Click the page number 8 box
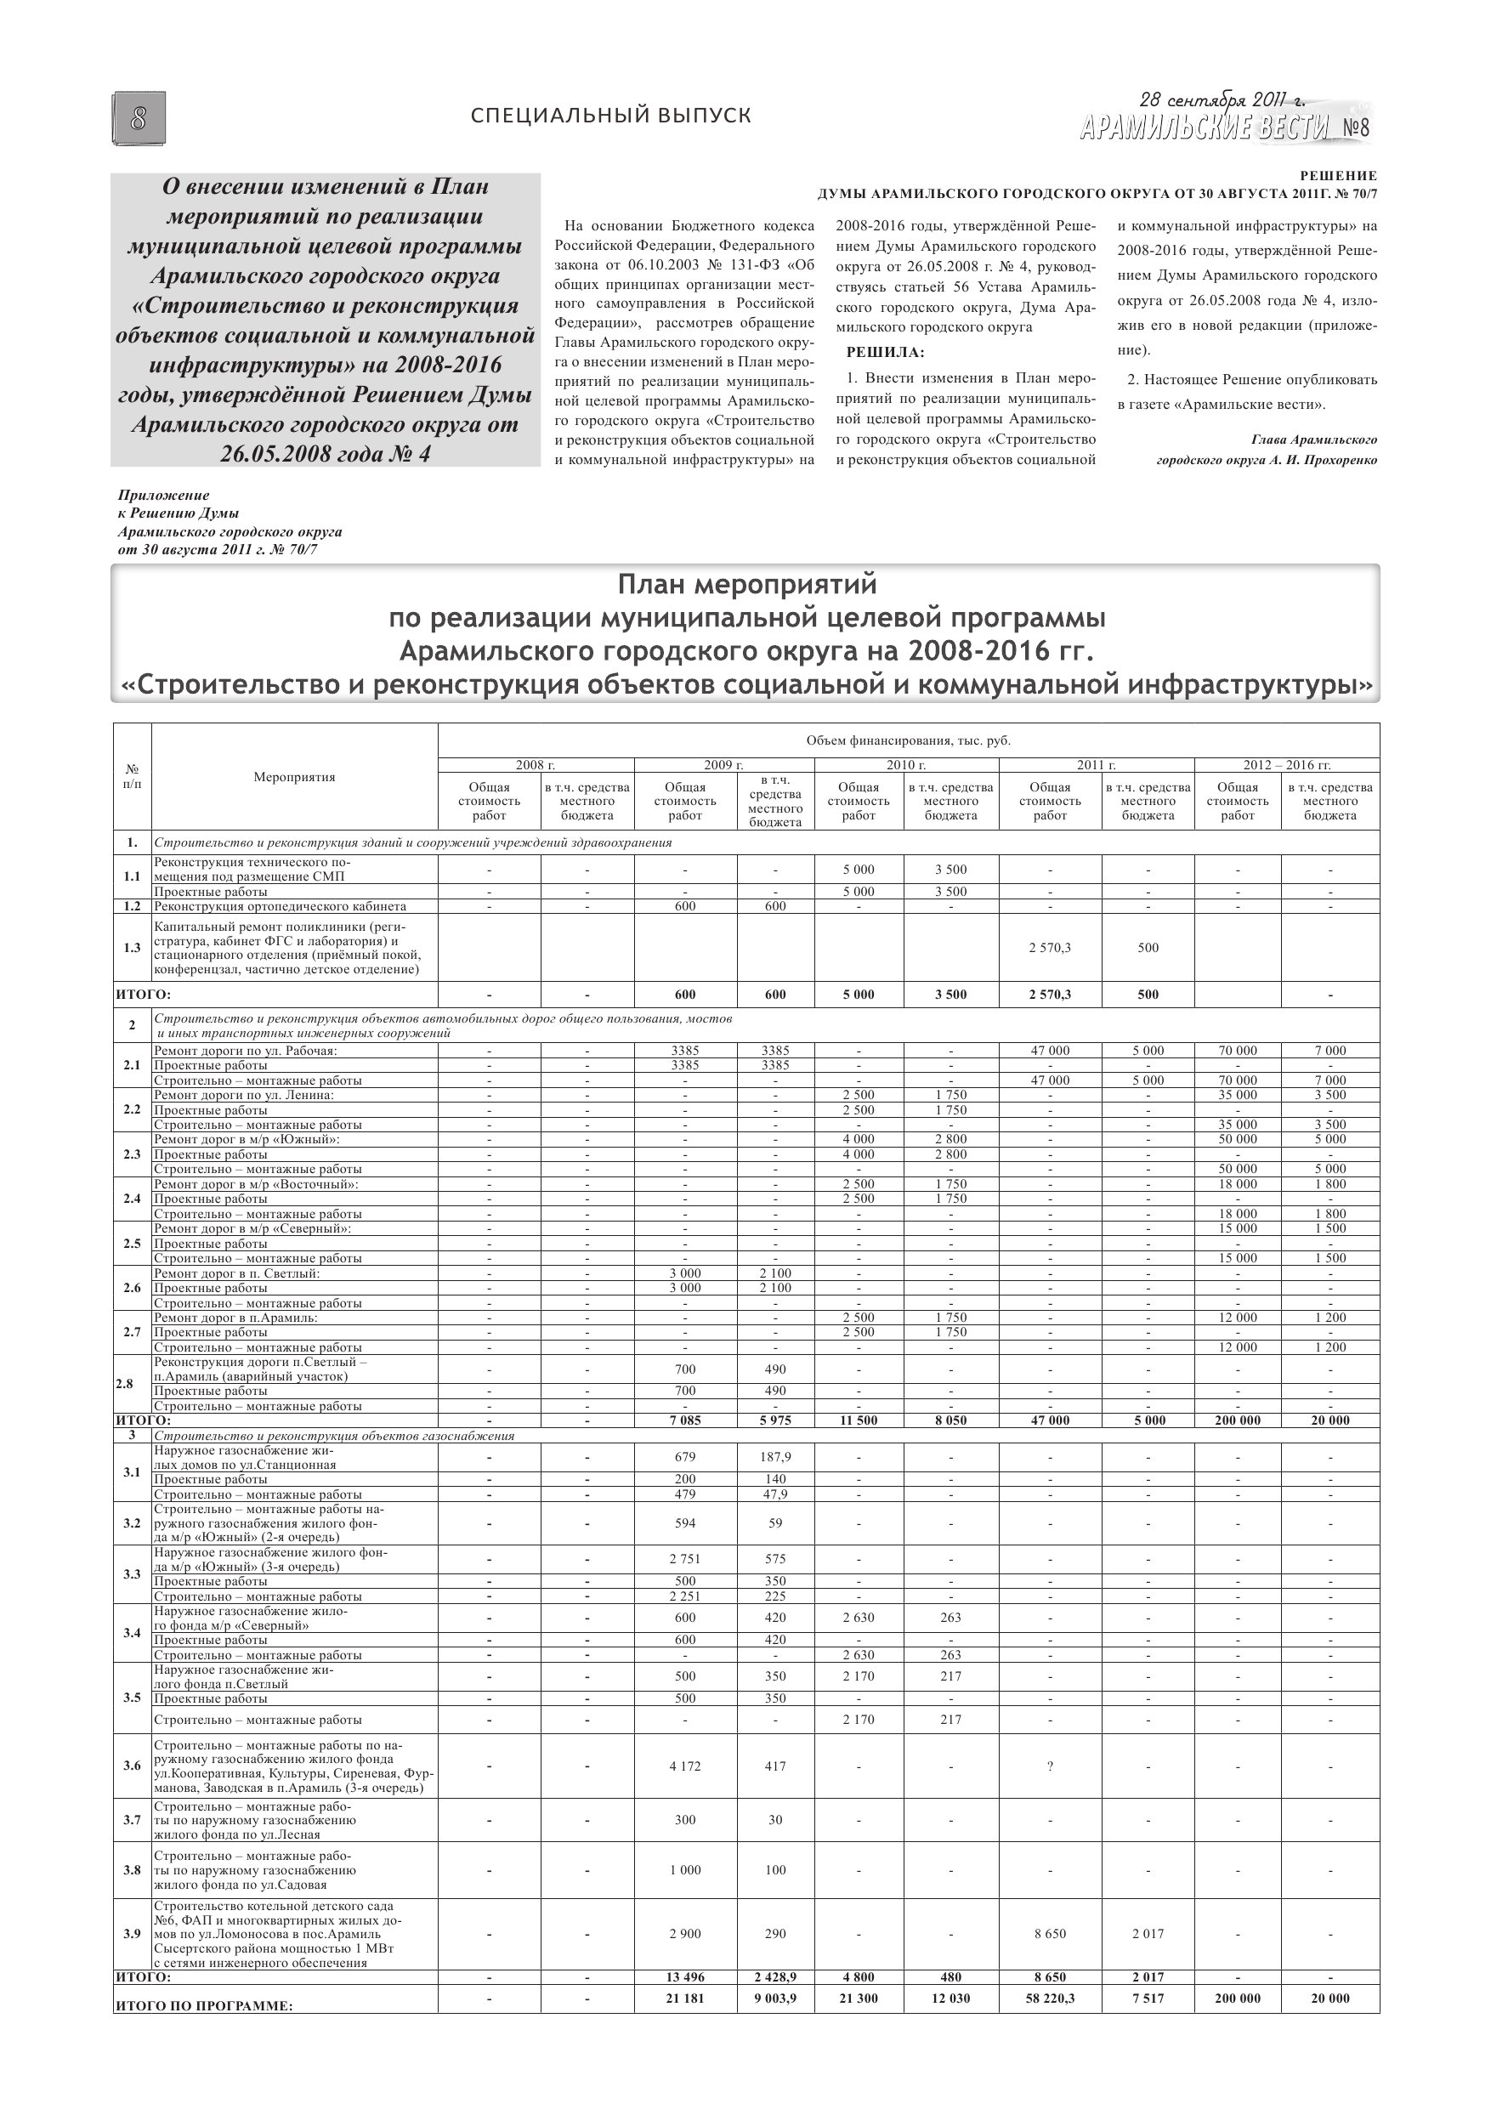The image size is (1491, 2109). (139, 118)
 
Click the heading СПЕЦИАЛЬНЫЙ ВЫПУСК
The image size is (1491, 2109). (610, 116)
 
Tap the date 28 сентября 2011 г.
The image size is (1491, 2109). (1221, 100)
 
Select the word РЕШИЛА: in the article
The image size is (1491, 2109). (885, 353)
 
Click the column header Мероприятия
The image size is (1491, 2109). (294, 777)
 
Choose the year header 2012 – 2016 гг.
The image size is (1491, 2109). (1286, 764)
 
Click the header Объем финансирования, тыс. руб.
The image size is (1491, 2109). (908, 740)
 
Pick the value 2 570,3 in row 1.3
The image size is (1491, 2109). (1049, 947)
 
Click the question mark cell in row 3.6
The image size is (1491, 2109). (1049, 1766)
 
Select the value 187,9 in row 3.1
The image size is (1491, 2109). (774, 1457)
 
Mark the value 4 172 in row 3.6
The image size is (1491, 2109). (684, 1766)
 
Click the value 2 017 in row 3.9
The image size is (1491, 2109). (1148, 1934)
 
